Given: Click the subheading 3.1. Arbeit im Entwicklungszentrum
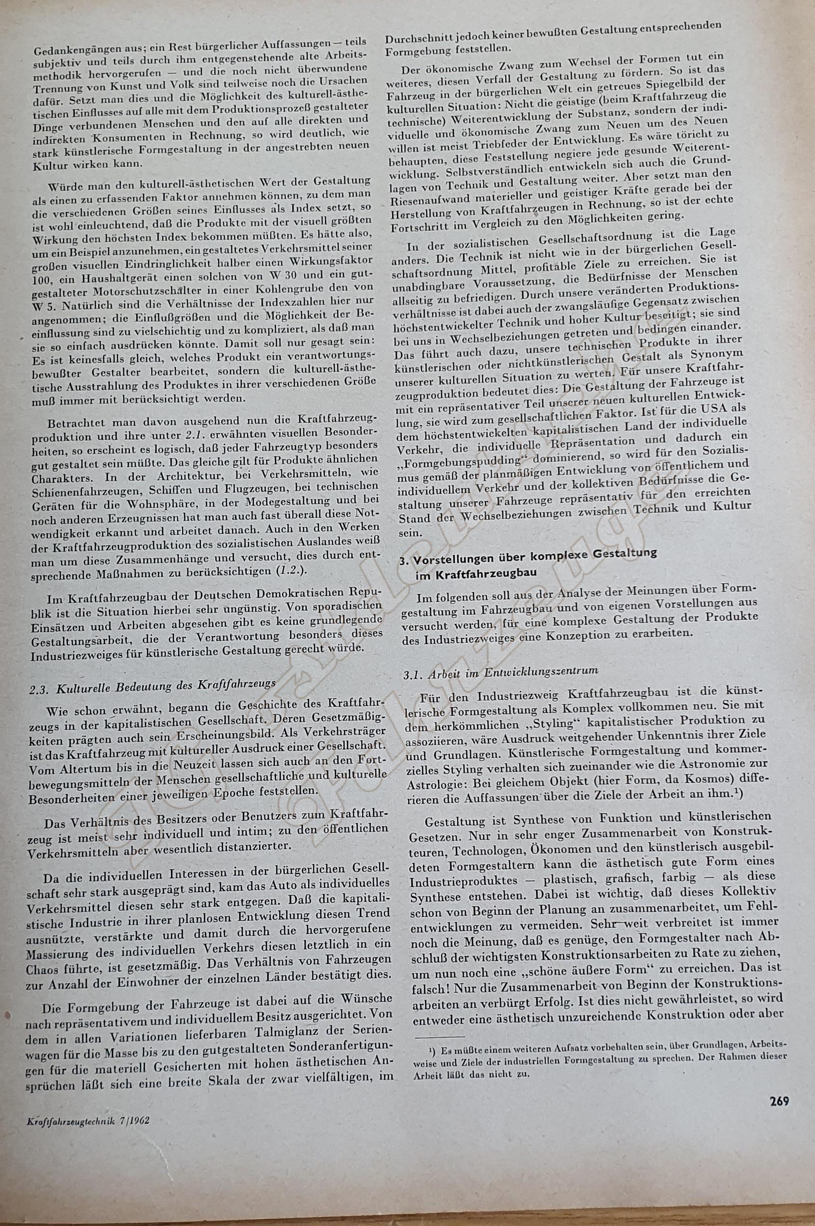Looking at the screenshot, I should [x=501, y=671].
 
